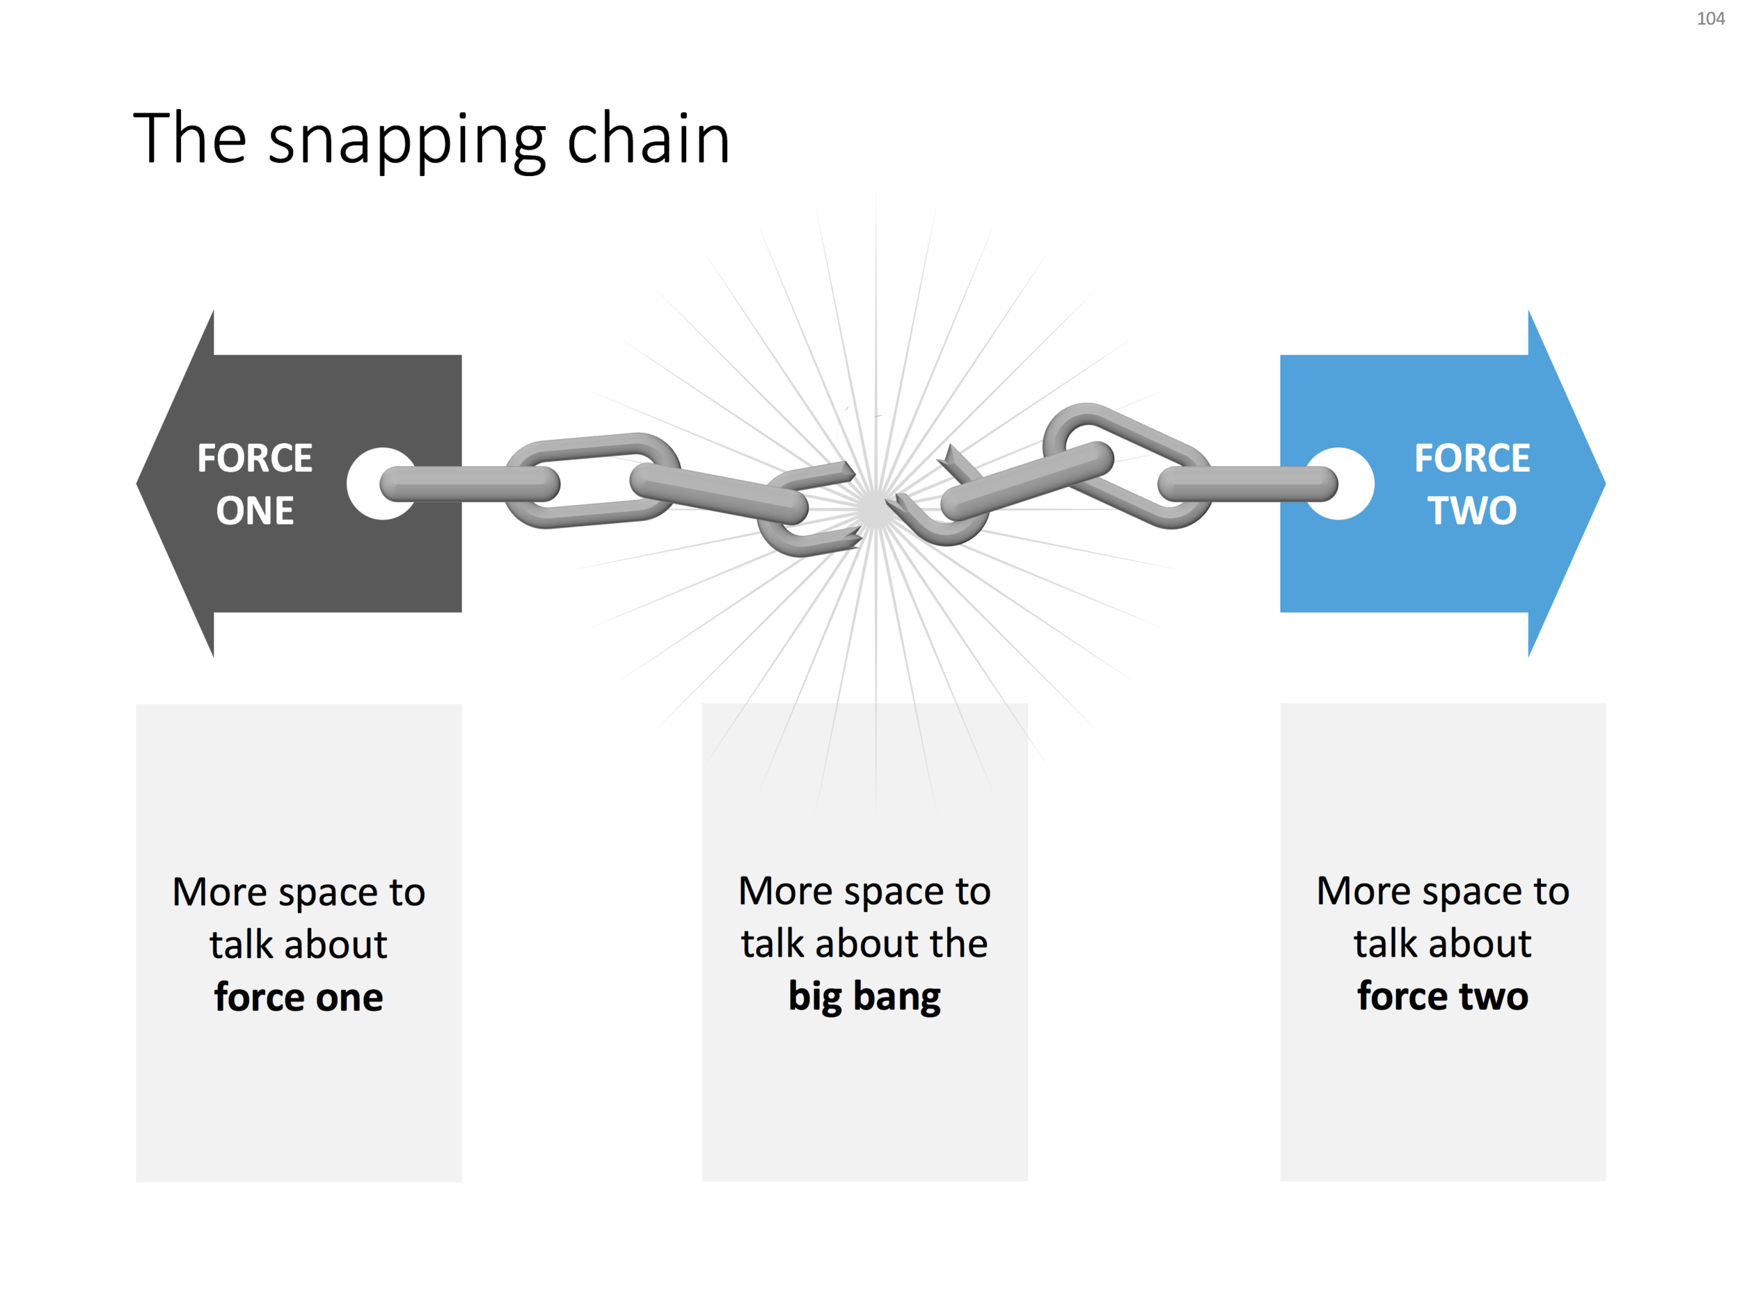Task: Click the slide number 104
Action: click(1710, 19)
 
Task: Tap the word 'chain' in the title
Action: click(648, 139)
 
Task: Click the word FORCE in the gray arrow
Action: click(255, 458)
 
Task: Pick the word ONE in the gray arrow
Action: click(255, 511)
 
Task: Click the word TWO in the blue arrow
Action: click(1472, 511)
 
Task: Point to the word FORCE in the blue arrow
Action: click(1472, 458)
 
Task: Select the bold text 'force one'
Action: click(298, 997)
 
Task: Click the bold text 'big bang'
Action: click(864, 996)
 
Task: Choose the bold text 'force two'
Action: click(1443, 996)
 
